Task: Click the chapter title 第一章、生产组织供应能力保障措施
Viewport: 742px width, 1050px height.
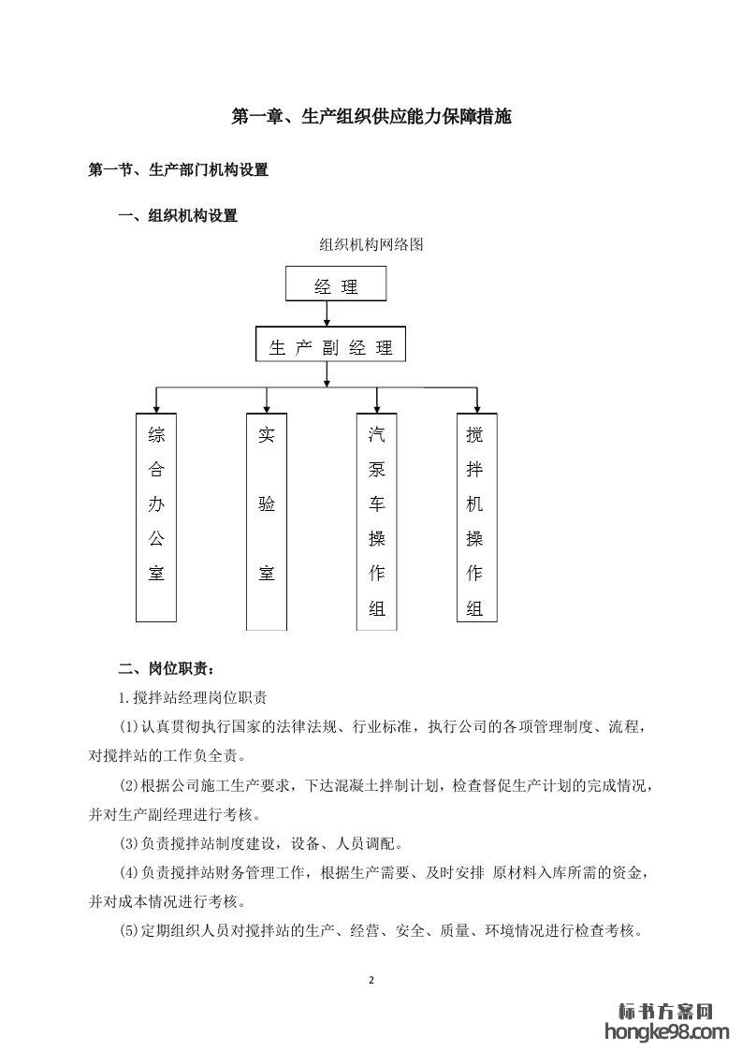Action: [371, 118]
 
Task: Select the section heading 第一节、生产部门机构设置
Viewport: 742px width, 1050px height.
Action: [178, 170]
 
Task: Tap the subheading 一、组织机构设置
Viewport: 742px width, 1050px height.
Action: [178, 216]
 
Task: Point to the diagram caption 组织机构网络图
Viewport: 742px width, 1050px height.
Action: [371, 245]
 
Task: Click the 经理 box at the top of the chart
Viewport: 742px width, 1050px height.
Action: [336, 285]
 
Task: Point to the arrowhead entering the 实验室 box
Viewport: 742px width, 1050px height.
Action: [268, 408]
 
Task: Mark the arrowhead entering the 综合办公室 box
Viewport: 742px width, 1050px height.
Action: [156, 408]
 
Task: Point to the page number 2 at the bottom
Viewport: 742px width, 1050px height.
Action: [371, 980]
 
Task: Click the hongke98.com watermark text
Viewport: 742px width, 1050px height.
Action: [666, 1032]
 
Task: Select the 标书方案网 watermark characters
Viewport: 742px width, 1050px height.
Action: [666, 1012]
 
